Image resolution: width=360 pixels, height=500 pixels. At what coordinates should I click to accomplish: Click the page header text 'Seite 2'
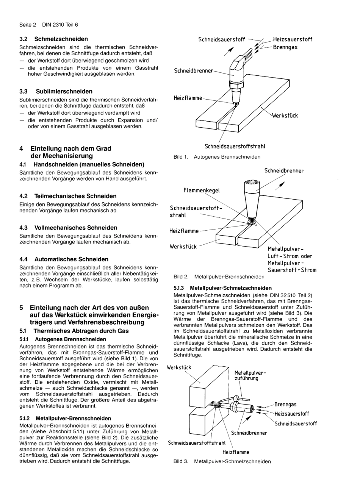coord(27,25)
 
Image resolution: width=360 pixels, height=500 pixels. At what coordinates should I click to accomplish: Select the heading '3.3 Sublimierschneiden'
coord(56,91)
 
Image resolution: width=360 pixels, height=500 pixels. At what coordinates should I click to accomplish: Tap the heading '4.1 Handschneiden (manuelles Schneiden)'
coord(81,164)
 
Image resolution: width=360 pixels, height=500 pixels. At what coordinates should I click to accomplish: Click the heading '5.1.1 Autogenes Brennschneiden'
coord(63,339)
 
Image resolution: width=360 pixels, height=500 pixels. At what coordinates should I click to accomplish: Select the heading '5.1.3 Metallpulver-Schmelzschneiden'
coord(222,288)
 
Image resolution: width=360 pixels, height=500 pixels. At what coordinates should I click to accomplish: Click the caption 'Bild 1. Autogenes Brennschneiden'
coord(217,157)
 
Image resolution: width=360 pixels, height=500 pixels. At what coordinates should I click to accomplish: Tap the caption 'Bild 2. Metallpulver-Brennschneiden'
coord(219,277)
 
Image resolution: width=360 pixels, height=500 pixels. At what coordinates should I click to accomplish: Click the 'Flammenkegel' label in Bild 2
coord(201,190)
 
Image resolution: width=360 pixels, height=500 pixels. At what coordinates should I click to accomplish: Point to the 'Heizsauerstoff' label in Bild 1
coord(293,39)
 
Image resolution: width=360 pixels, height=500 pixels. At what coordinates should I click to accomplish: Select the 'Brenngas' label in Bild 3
coord(285,405)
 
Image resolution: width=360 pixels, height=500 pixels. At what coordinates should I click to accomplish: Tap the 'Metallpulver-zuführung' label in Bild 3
coord(250,375)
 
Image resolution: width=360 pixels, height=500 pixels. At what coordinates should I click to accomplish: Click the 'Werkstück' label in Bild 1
coord(285,116)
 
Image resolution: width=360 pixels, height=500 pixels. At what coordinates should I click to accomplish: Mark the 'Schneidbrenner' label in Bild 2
coord(284,171)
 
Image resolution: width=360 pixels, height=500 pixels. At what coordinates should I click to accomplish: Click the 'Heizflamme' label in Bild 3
coord(236,452)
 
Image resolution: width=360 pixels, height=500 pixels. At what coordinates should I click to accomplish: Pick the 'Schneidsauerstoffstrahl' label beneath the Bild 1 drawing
coord(235,146)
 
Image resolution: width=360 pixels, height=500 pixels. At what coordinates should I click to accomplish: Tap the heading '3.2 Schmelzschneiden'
coord(53,39)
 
